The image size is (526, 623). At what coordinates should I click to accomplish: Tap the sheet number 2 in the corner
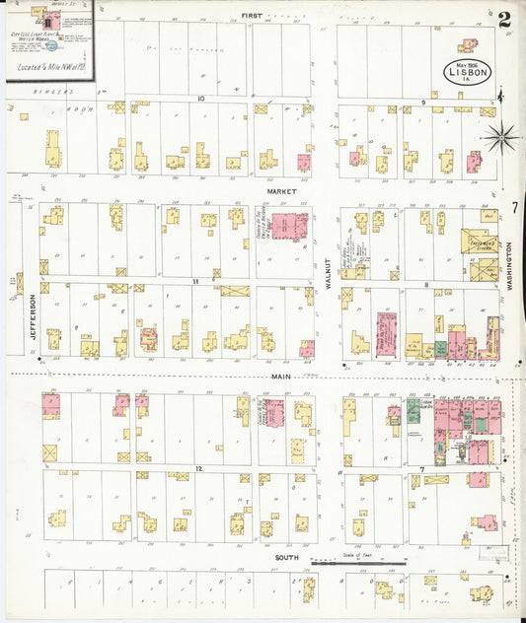point(504,17)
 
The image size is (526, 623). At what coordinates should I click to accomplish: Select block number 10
point(200,99)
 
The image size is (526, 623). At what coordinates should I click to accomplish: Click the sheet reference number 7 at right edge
point(515,207)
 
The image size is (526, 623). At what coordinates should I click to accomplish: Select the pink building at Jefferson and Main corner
point(50,404)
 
